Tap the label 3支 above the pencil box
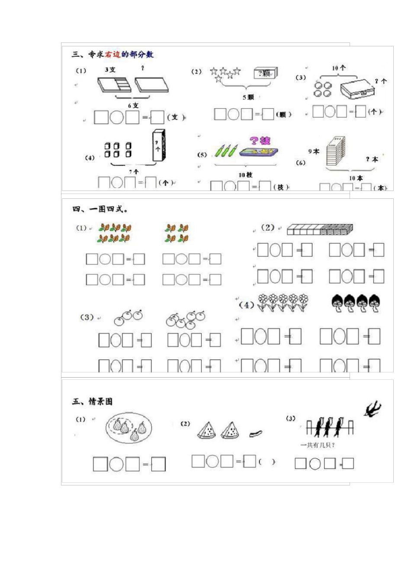pos(110,70)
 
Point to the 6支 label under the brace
pos(133,105)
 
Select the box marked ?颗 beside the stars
pos(265,73)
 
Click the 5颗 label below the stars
pos(248,97)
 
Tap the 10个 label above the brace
pos(339,68)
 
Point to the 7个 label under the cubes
pos(134,171)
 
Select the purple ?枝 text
pos(260,140)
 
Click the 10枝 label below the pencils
pos(245,175)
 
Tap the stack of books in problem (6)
pos(336,151)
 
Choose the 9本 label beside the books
pos(314,152)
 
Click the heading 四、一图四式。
pos(100,210)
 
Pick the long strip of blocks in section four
pos(320,229)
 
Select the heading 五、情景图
pos(93,402)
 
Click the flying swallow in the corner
pos(372,409)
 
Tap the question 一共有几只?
pos(318,445)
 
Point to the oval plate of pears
pos(128,427)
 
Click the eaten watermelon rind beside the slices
pos(256,433)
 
